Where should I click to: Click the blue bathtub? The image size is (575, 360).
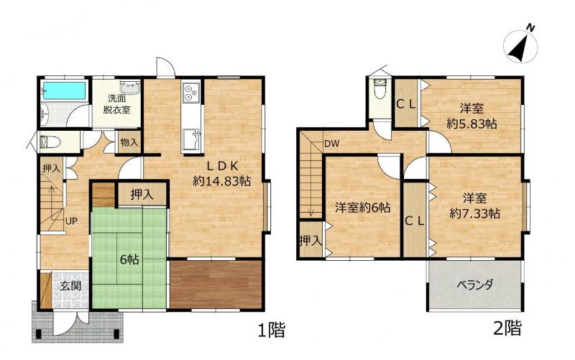64,90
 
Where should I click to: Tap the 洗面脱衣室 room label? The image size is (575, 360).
116,103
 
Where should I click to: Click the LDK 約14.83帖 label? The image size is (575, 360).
222,173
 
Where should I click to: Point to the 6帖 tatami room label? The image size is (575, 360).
129,259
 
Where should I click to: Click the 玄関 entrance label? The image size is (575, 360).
70,285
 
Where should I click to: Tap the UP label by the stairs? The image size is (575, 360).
71,221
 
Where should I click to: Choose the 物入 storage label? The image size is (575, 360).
129,142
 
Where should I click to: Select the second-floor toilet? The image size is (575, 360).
379,87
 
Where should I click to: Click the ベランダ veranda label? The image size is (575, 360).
475,285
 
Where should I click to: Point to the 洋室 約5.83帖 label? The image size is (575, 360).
471,116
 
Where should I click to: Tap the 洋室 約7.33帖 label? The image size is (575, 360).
474,206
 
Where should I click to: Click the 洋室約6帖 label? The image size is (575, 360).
363,208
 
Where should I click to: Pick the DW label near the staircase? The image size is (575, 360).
331,144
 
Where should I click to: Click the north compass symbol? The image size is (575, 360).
520,47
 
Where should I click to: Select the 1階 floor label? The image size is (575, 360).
272,330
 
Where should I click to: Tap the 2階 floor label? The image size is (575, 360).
507,328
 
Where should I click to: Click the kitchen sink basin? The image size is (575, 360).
190,139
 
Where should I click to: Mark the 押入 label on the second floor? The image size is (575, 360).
311,241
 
